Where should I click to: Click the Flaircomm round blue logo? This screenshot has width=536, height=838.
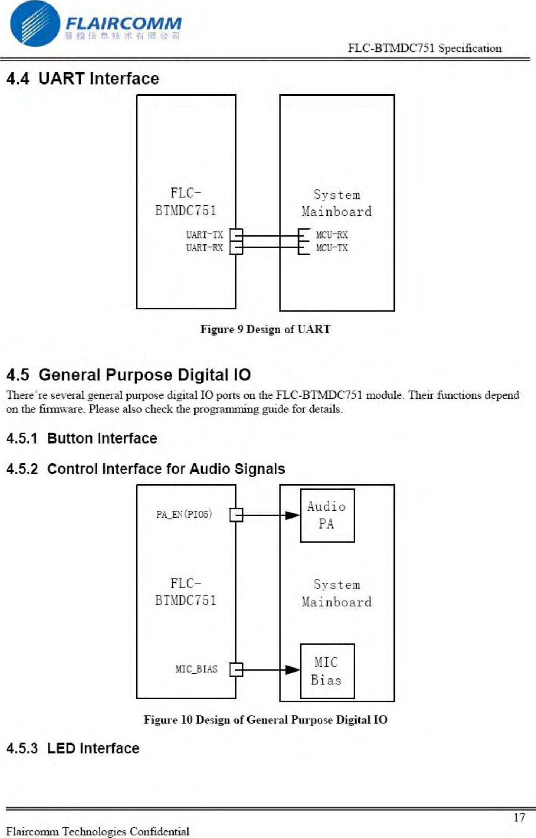click(35, 24)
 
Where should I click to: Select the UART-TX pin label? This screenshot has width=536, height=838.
click(204, 235)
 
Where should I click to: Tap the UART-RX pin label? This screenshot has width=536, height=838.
click(204, 248)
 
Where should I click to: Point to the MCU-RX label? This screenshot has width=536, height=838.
click(332, 235)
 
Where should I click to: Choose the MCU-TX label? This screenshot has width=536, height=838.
click(332, 248)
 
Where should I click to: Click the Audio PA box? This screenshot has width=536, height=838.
click(327, 515)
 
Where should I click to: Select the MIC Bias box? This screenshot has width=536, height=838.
click(327, 671)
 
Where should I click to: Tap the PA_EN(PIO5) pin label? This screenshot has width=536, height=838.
click(184, 514)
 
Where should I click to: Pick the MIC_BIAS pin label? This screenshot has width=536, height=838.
click(196, 669)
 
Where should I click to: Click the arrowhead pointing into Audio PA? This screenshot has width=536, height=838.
click(293, 515)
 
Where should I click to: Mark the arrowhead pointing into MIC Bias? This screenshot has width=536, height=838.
click(293, 670)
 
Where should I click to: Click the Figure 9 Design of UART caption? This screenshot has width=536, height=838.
click(265, 329)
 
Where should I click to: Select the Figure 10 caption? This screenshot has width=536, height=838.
click(265, 720)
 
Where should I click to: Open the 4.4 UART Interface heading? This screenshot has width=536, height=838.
click(83, 79)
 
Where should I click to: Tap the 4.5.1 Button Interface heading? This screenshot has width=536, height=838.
click(82, 438)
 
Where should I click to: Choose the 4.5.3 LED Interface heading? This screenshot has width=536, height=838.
click(73, 749)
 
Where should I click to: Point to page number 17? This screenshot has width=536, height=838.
click(519, 818)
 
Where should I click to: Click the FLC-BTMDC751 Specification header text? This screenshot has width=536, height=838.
click(425, 48)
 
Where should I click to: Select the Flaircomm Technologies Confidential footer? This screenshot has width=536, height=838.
click(98, 831)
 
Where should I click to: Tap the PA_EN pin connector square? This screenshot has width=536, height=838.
click(236, 515)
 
